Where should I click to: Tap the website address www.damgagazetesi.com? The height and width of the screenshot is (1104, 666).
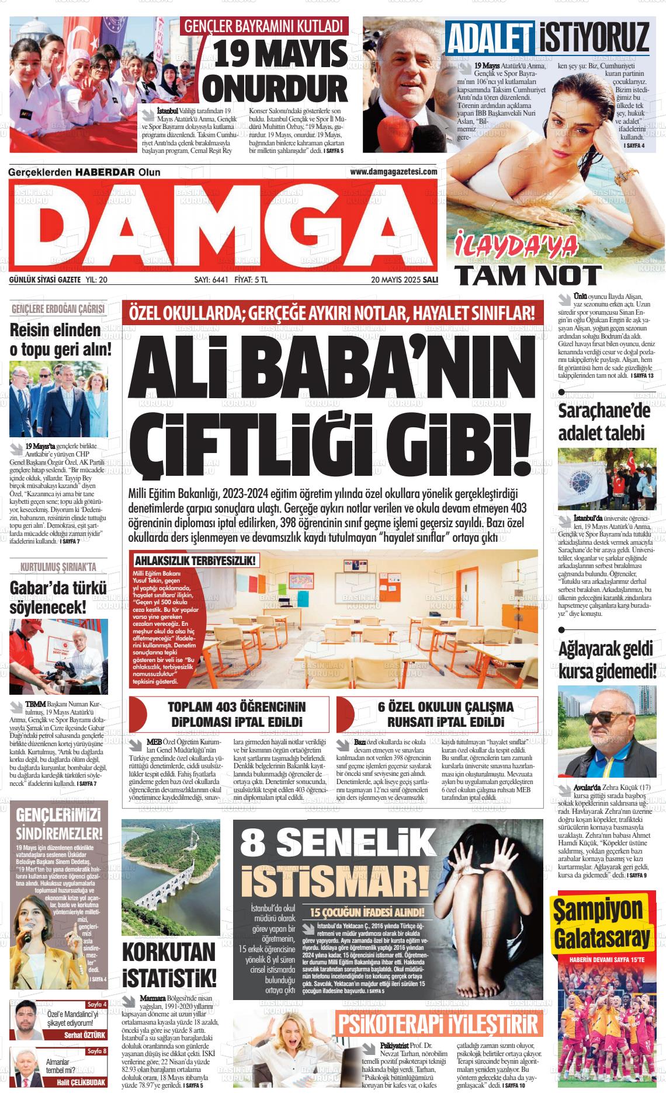pos(393,172)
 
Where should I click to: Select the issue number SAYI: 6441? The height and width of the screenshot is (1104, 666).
pos(211,280)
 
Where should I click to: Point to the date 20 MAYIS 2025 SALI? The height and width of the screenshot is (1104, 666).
pos(404,280)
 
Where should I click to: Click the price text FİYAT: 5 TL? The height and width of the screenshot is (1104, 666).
pos(251,280)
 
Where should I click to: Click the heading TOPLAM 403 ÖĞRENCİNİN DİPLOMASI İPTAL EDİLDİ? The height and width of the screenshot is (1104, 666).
pos(236,714)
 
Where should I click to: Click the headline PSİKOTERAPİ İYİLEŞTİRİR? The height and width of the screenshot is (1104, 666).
pos(438,1023)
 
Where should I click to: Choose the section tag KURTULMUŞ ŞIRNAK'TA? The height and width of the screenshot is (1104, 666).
pos(58,566)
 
